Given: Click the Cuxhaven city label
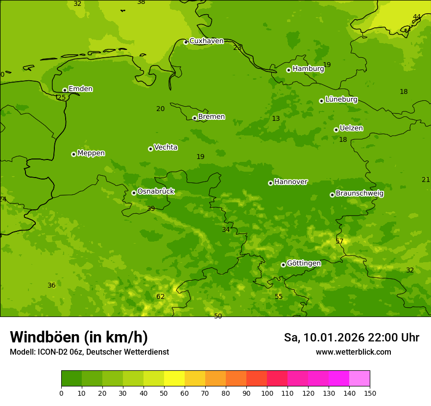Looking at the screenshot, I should [206, 41].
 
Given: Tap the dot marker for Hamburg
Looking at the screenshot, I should [289, 70].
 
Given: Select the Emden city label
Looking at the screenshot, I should [80, 89].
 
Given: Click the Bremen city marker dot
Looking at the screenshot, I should [194, 118].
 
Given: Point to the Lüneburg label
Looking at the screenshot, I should [341, 99].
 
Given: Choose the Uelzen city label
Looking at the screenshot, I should [351, 128].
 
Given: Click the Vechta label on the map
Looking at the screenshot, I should [166, 147].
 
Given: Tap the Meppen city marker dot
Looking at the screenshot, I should [73, 154].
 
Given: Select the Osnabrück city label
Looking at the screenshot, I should [156, 191].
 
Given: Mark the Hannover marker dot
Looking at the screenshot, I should [270, 183].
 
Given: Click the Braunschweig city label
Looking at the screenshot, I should [359, 193].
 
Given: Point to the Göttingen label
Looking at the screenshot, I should [304, 263].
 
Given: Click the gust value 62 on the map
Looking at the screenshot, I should [161, 296].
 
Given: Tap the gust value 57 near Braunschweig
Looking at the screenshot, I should [339, 241].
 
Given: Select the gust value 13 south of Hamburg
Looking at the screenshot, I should [276, 119].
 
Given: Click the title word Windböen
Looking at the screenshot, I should [45, 337].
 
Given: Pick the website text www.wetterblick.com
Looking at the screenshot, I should [353, 352].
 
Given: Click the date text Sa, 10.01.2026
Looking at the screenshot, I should [324, 338].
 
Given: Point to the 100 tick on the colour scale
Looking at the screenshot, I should [267, 393].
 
